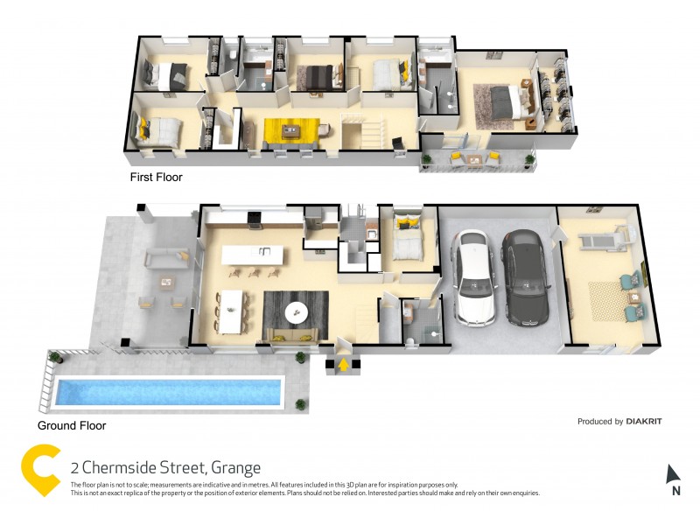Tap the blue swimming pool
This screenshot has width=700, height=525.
click(x=169, y=392)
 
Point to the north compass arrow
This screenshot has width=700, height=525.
click(x=673, y=476)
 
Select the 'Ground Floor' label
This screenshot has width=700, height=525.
click(x=72, y=426)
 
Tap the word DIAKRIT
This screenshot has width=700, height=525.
click(x=644, y=422)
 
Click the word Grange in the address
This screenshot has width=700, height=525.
click(x=232, y=467)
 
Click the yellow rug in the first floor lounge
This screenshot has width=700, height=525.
click(x=290, y=131)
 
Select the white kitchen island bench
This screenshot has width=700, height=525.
click(x=254, y=255)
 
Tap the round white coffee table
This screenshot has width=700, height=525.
click(x=296, y=311)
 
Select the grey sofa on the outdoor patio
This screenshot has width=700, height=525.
click(x=163, y=257)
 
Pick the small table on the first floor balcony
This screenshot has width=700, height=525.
click(x=478, y=159)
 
